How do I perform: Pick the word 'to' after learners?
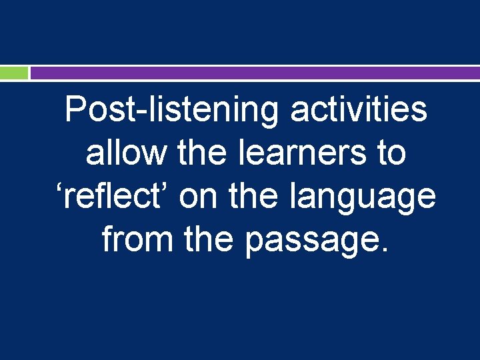pyautogui.click(x=391, y=154)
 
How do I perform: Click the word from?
pyautogui.click(x=133, y=239)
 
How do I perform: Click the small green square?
pyautogui.click(x=14, y=73)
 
